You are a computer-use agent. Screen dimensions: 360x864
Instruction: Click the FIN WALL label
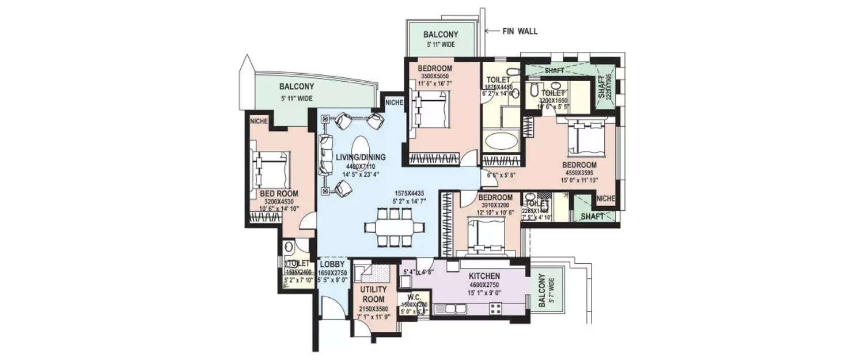point(520,31)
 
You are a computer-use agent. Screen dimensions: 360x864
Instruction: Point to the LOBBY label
point(332,264)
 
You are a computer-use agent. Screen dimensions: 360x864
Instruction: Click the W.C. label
point(415,298)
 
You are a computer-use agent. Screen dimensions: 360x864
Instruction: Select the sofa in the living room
point(325,155)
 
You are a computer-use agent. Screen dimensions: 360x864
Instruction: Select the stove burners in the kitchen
point(495,308)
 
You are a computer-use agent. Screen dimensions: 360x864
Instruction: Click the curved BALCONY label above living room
point(297,86)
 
